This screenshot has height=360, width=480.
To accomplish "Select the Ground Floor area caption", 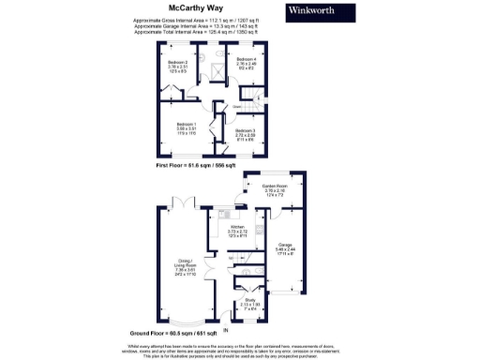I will pyautogui.click(x=195, y=333).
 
